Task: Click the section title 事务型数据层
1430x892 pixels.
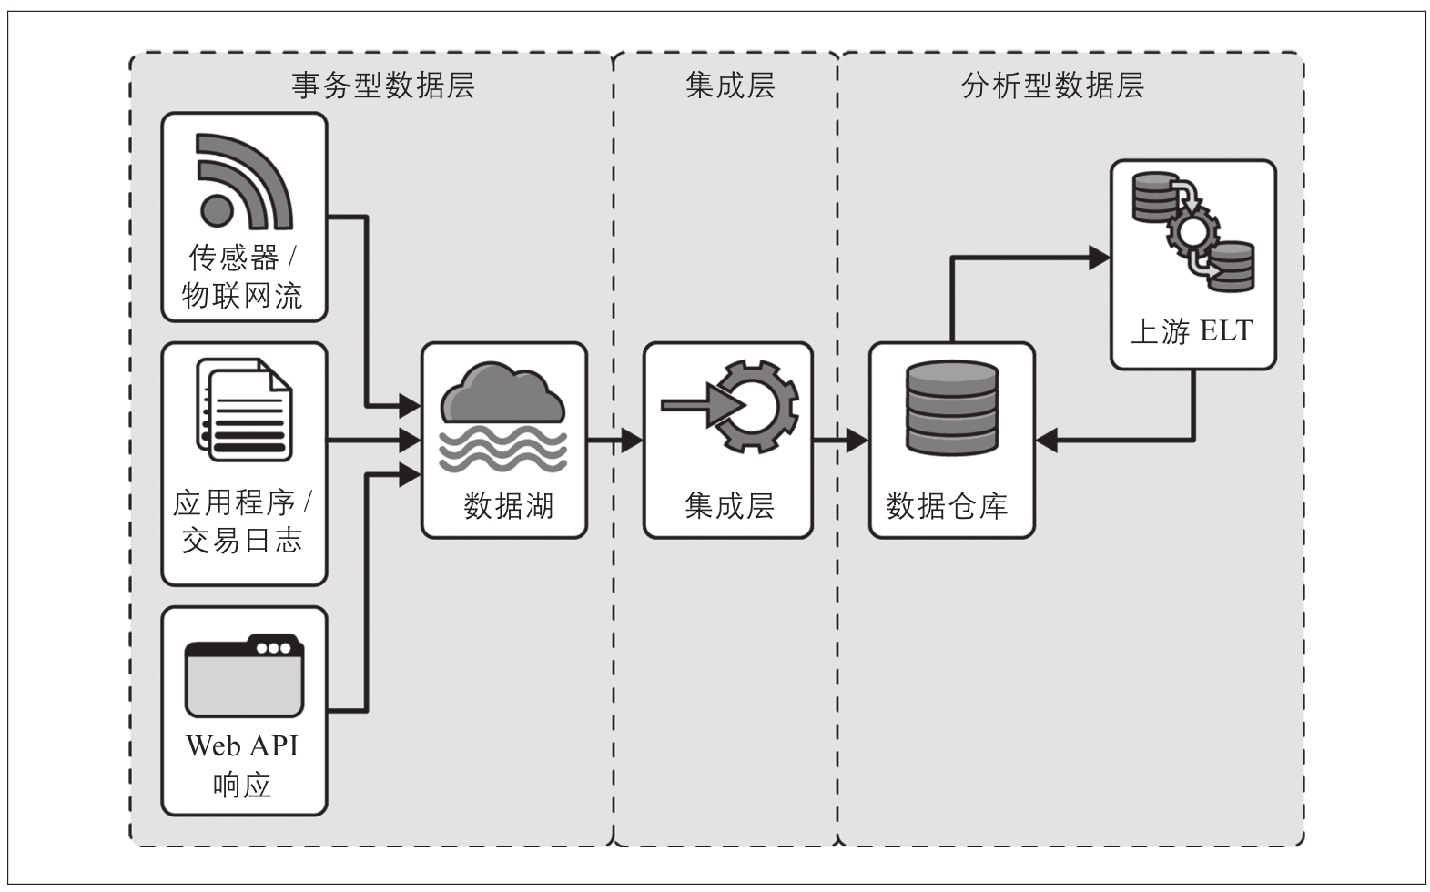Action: coord(383,86)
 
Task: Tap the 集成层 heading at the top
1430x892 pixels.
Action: coord(729,86)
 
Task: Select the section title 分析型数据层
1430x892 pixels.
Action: coord(1052,86)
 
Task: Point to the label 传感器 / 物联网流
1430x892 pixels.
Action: coord(242,277)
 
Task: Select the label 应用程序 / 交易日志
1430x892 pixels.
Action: coord(242,522)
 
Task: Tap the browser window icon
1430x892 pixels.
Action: coord(244,675)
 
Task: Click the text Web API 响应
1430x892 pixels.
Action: coord(242,765)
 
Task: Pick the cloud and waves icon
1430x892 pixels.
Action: coord(503,416)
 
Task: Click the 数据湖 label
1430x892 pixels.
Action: coord(508,505)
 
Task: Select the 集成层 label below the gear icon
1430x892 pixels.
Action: coord(729,505)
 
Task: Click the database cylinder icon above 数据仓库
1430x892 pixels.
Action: coord(952,409)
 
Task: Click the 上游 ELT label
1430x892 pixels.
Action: coord(1192,330)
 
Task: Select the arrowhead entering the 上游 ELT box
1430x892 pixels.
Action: coord(1100,258)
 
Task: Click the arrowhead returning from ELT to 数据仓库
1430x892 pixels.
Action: coord(1047,441)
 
